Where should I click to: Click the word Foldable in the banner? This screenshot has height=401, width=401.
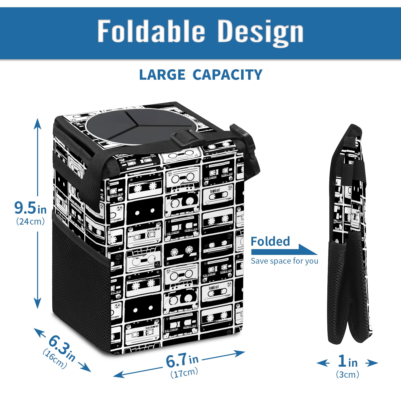click(151, 31)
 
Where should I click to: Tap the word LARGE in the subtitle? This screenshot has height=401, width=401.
click(162, 75)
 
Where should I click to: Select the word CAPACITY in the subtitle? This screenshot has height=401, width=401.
click(227, 75)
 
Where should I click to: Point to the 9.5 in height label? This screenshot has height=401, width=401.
click(30, 208)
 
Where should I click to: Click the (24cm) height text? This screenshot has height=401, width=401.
click(30, 222)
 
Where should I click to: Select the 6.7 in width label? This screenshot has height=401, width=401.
click(182, 360)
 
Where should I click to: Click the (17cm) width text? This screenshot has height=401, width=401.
click(184, 373)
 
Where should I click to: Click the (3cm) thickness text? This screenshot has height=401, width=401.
click(348, 374)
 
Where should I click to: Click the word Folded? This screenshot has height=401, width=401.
click(270, 241)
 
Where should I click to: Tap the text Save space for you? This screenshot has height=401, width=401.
click(284, 261)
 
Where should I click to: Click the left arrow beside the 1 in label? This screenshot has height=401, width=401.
click(323, 363)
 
